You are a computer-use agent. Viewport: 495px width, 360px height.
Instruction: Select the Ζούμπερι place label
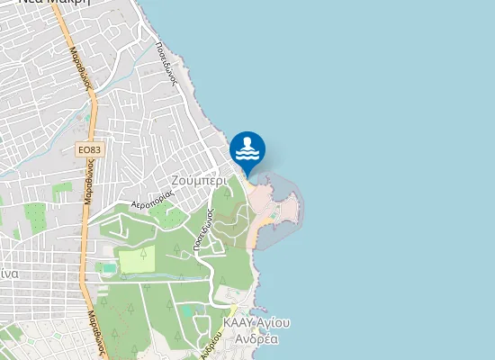202,179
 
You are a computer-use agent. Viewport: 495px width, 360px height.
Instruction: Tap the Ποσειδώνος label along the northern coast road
164,62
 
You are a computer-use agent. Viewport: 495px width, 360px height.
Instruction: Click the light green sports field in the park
137,260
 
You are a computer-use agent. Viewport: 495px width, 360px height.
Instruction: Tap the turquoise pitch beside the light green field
109,267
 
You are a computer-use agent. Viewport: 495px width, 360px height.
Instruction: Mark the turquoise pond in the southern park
187,310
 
